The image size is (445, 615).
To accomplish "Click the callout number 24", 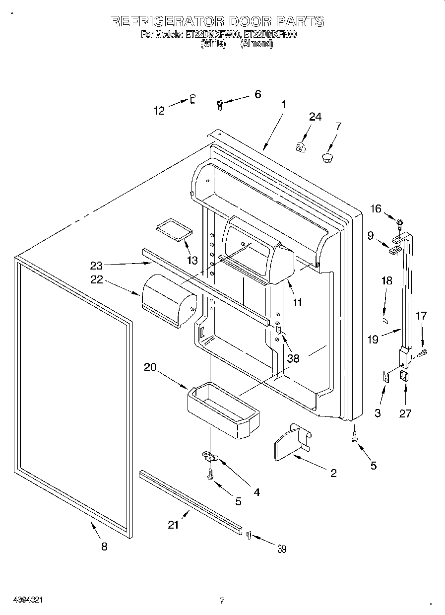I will [315, 117].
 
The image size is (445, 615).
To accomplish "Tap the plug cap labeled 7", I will [327, 158].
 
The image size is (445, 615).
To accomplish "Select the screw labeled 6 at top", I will [220, 104].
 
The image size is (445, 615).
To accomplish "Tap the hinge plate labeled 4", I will [210, 455].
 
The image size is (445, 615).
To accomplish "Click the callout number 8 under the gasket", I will [104, 547].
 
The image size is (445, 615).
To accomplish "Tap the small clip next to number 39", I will [249, 535].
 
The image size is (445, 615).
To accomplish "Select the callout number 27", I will [405, 412].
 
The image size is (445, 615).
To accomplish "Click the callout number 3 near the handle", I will [378, 412].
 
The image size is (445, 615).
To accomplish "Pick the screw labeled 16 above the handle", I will [398, 219].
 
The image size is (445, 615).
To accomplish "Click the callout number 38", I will [293, 357].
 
